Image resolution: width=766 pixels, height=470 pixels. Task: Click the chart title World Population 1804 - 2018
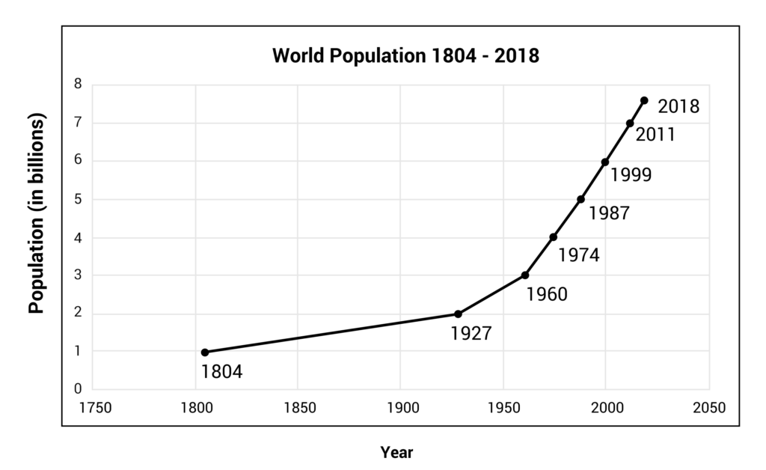pos(405,56)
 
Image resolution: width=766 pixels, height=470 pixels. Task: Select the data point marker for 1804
pos(204,352)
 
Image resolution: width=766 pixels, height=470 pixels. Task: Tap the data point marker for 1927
pos(458,314)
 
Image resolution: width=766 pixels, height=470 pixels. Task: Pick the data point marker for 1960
pos(525,275)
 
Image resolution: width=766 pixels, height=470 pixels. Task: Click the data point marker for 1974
pos(554,237)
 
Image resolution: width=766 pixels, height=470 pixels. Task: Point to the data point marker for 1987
pos(580,199)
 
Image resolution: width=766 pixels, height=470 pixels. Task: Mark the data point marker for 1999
pos(605,162)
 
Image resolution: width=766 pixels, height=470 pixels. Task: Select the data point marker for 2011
pos(630,123)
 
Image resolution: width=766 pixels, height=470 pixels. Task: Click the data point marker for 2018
pos(644,100)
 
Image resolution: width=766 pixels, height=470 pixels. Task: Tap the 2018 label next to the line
pos(678,106)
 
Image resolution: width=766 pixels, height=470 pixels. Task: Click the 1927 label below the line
pos(471,333)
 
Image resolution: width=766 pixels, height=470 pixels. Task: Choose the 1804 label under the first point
pos(222,371)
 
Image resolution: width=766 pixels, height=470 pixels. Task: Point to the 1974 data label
pos(579,255)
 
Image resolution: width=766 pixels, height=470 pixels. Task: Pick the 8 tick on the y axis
pos(78,85)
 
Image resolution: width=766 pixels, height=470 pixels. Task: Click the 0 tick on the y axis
pos(78,389)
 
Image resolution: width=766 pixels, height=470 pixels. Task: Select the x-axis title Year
pos(396,452)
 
